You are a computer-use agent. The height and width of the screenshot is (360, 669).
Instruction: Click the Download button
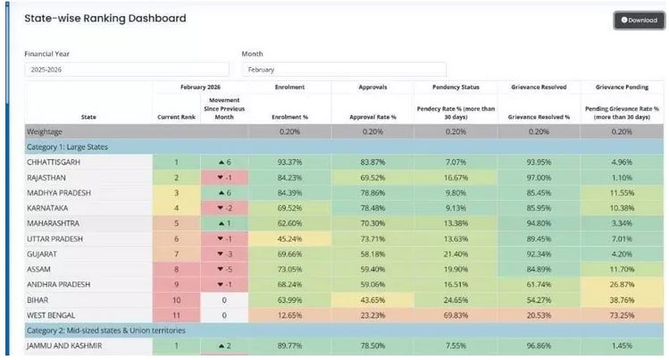639,20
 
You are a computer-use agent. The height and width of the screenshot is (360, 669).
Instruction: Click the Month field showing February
343,69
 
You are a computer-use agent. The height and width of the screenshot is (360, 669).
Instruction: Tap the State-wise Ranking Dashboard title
105,18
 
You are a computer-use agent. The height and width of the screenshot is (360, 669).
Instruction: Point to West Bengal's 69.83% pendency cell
455,314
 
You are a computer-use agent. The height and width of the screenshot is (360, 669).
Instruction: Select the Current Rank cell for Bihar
176,299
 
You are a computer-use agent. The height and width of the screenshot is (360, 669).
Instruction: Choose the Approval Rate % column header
372,117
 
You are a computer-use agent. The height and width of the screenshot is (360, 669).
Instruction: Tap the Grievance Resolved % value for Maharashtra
538,222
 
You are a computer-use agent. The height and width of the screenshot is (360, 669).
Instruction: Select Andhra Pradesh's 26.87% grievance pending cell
621,284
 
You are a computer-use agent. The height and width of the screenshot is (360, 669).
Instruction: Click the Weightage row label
46,130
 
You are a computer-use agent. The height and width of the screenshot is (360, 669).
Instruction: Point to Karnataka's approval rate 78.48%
372,207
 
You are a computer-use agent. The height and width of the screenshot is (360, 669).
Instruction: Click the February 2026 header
200,88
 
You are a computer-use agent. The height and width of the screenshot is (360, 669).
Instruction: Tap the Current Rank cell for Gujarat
176,253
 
